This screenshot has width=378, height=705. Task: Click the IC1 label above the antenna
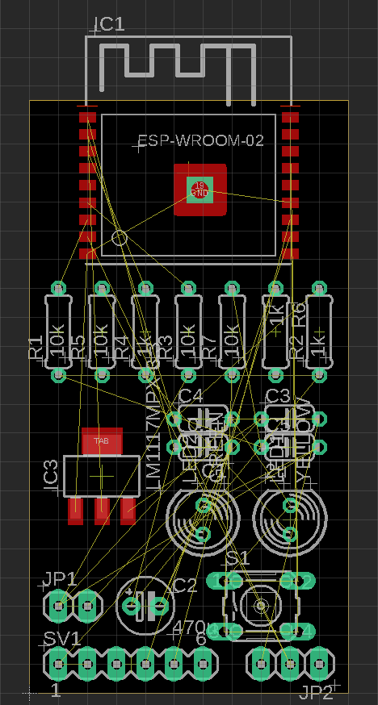[x=110, y=23]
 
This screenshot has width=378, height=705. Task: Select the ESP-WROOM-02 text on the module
[x=201, y=140]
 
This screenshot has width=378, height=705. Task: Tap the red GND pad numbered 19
[x=199, y=190]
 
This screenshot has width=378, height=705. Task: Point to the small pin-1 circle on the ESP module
[x=120, y=237]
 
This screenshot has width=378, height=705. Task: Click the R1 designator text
[x=35, y=348]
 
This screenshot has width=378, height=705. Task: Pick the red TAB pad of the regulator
[x=102, y=441]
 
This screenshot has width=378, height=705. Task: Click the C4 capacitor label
[x=191, y=395]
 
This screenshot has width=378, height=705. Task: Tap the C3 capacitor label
[x=278, y=395]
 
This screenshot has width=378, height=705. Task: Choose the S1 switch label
[x=237, y=558]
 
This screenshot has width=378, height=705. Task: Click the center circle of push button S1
[x=261, y=605]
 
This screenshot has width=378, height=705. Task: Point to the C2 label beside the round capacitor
[x=185, y=586]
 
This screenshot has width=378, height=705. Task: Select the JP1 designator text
[x=61, y=578]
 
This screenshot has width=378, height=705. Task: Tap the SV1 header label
[x=61, y=639]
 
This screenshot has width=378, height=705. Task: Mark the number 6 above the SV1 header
[x=201, y=639]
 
